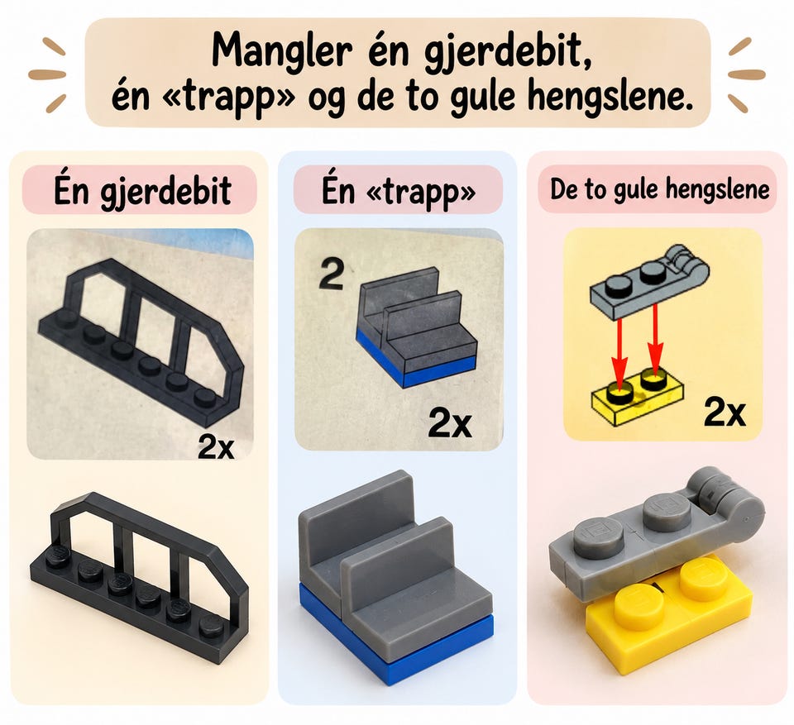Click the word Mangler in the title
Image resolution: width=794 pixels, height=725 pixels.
(281, 52)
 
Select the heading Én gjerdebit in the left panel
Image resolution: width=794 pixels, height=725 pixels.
(142, 191)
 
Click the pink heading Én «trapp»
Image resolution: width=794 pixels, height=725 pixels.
(399, 191)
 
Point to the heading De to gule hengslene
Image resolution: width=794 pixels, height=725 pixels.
(659, 188)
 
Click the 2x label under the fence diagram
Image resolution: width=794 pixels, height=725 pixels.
(216, 446)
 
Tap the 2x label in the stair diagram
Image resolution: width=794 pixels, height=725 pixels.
(450, 422)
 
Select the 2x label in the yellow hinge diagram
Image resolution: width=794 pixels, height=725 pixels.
(725, 413)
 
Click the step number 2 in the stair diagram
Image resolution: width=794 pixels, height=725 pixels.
(332, 274)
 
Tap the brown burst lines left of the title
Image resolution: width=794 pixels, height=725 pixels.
(47, 74)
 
